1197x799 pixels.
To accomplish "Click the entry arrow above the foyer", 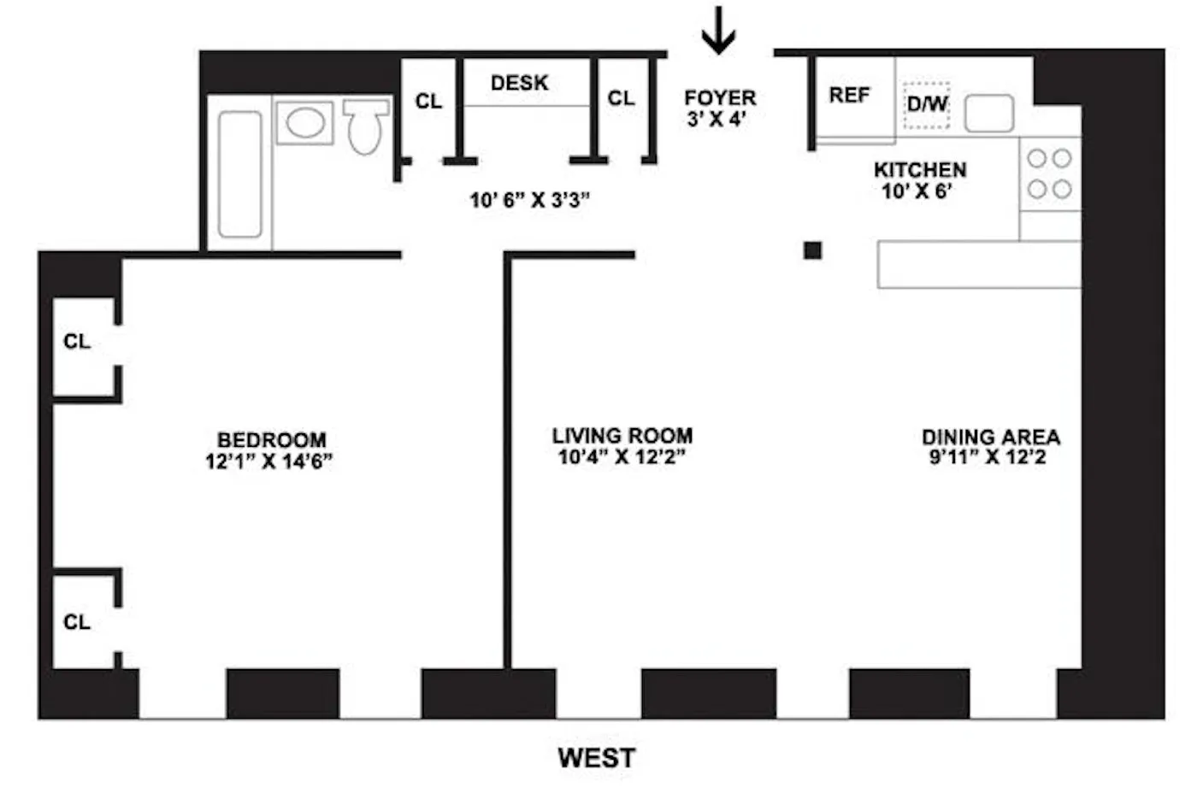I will point(718,30).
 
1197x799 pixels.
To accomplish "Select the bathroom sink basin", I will point(304,122).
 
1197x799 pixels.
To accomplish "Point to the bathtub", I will point(239,174).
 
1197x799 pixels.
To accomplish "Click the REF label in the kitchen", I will point(849,95).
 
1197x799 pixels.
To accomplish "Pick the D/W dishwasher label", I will point(927,104).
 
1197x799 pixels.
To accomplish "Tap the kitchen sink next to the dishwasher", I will point(989,113).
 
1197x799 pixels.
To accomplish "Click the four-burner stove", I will point(1049,173).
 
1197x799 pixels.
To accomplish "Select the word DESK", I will point(520,83).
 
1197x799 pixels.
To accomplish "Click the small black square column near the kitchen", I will point(812,250).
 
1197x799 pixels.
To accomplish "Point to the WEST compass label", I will point(597,757).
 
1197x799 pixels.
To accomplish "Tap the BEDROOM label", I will point(272,440).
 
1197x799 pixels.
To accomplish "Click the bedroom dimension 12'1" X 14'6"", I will point(268,461).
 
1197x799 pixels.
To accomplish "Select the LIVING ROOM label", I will point(622,436).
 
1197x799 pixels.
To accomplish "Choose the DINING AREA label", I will point(991,437).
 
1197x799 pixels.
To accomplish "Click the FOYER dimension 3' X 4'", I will point(716,119).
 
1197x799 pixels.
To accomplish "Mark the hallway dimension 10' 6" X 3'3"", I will point(530,200).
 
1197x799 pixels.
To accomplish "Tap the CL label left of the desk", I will point(428,102).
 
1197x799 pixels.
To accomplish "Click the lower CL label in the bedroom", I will point(77,622).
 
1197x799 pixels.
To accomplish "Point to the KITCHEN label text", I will point(920,169).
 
